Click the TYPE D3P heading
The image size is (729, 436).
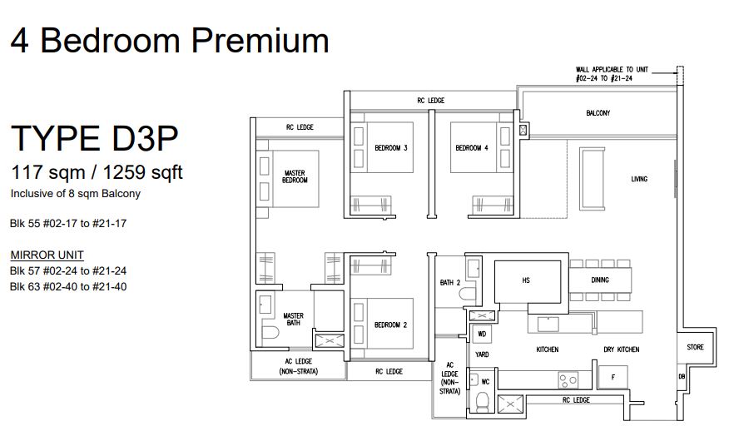point(94,138)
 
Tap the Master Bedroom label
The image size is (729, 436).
point(295,176)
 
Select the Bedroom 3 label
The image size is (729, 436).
point(391,148)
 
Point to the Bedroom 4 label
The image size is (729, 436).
point(471,148)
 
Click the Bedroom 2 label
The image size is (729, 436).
point(390,325)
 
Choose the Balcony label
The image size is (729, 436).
point(598,113)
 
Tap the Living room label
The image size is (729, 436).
point(639,179)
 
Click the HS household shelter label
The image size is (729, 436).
point(526,280)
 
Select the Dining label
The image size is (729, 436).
point(600,280)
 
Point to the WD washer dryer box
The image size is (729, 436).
point(482,334)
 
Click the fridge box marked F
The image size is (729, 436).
point(612,377)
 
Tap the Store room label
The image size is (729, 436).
point(695,347)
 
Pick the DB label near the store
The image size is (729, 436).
point(682,376)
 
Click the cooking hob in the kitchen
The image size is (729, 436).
point(568,380)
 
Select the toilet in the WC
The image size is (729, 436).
point(483,401)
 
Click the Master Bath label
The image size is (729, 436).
point(293,320)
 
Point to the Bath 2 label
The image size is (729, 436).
point(449,283)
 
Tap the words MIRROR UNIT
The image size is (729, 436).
point(47,255)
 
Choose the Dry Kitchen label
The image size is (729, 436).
point(621,349)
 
